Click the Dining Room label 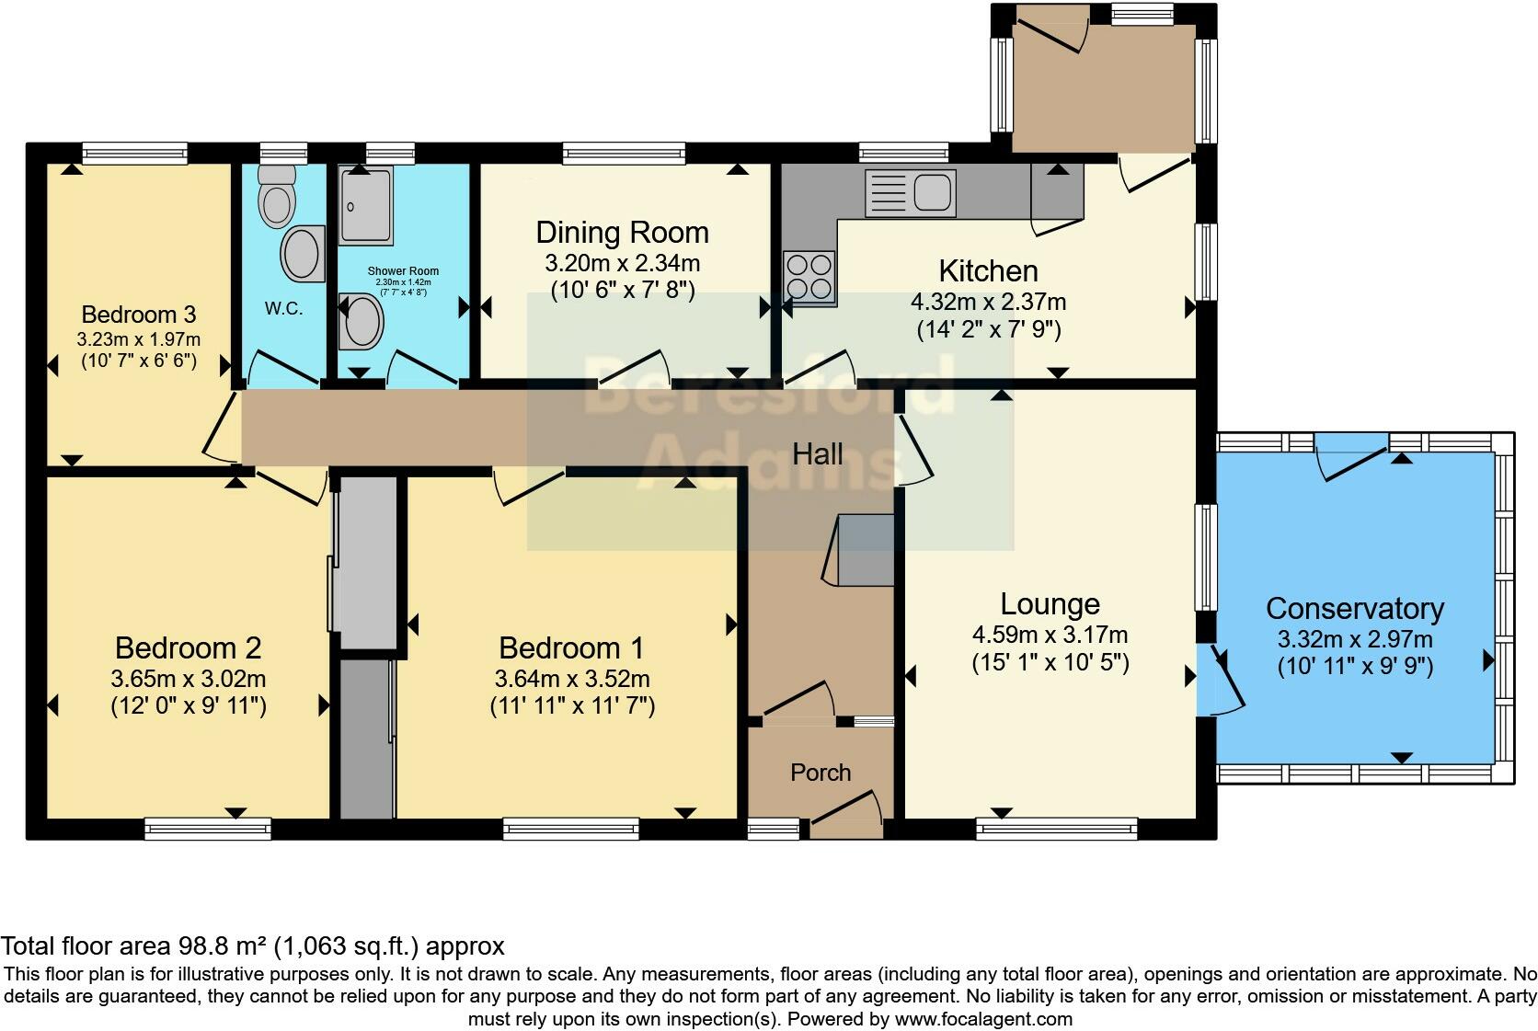[x=622, y=233]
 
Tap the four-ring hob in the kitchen [x=809, y=277]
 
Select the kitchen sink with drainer [x=910, y=192]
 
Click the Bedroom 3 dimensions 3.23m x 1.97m [x=138, y=339]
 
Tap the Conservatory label [x=1354, y=609]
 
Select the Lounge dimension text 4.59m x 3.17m [x=1050, y=635]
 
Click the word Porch [x=821, y=773]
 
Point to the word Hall [x=818, y=453]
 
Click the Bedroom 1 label [x=571, y=648]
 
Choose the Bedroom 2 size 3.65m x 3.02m [x=188, y=680]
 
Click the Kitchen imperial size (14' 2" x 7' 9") [x=989, y=329]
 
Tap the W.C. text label [x=283, y=309]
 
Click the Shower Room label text [x=403, y=271]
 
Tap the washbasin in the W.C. [x=303, y=253]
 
